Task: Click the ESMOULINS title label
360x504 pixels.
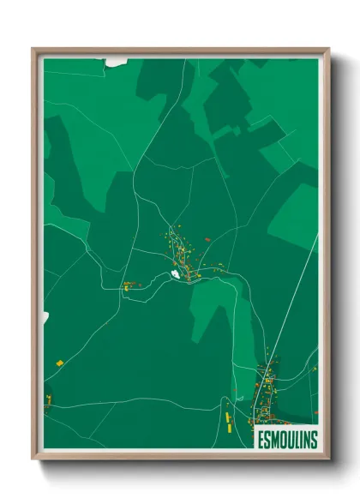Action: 286,439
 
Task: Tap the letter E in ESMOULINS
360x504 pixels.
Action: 259,439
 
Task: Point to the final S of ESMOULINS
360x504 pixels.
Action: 314,439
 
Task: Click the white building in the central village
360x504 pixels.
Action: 175,274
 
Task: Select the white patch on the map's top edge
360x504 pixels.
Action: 116,62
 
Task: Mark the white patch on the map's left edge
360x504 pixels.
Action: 45,318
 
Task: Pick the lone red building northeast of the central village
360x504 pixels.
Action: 207,241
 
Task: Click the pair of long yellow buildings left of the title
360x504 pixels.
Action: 228,420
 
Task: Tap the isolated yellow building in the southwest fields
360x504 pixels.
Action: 60,363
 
